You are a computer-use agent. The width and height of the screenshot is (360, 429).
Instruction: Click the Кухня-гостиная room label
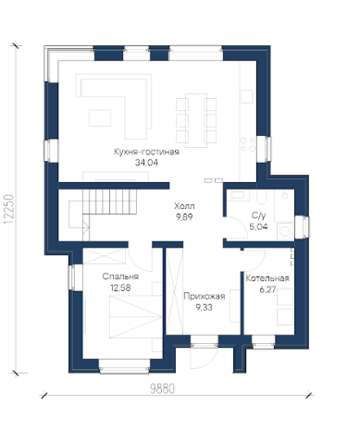(146, 152)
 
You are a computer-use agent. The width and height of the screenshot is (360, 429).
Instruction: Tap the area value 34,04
(146, 163)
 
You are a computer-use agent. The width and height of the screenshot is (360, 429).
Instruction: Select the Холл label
(184, 206)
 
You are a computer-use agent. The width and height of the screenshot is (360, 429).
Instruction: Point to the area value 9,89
(184, 217)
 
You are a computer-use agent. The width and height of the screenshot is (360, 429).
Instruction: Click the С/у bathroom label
(259, 215)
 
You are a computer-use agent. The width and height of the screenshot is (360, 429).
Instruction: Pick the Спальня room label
(120, 276)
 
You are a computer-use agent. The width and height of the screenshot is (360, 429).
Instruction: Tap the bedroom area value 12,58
(120, 288)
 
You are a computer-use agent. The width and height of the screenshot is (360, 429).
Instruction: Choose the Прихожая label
(205, 296)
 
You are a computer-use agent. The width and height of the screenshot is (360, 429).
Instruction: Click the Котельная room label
(267, 278)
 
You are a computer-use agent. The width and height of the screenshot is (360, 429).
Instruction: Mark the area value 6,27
(267, 289)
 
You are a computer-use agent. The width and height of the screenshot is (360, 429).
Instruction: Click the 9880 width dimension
(162, 389)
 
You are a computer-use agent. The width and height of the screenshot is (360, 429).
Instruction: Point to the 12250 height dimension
(9, 209)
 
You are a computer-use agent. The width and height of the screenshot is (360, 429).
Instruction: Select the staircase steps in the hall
(109, 202)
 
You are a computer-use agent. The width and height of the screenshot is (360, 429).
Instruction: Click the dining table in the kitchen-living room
(196, 120)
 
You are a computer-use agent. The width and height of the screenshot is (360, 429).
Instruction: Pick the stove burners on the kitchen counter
(248, 144)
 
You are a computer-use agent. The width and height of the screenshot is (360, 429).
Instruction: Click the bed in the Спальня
(136, 317)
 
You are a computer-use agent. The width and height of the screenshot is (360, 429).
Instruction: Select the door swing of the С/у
(237, 227)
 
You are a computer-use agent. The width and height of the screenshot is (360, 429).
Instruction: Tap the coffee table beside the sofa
(100, 117)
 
